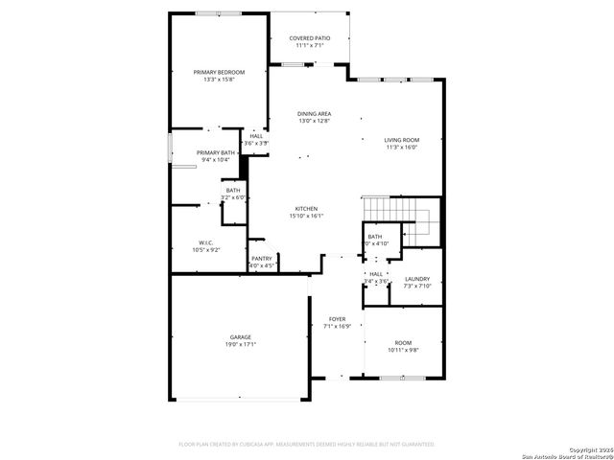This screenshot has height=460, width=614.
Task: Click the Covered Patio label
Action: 309,37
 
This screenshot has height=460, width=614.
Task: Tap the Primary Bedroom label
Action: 219,72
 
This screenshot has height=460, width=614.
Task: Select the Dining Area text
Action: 314,113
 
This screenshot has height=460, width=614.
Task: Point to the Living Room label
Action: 403,140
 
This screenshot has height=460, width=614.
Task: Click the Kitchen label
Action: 306,208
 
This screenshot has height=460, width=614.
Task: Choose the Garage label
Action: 240,336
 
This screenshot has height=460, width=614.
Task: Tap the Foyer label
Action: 337,318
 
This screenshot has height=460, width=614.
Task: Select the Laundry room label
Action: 416,278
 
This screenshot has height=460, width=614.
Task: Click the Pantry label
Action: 261,258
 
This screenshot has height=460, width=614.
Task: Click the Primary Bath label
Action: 216,152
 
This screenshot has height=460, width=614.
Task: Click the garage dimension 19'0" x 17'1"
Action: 240,344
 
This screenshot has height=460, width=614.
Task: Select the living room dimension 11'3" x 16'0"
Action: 403,148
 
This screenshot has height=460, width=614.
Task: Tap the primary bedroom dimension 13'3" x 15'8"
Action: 219,80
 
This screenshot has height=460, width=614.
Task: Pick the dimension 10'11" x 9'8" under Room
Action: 403,350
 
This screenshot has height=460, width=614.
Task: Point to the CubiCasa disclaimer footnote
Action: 307,444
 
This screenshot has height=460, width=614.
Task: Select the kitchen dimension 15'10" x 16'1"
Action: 306,216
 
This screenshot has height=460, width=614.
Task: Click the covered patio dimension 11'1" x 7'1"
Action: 309,45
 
